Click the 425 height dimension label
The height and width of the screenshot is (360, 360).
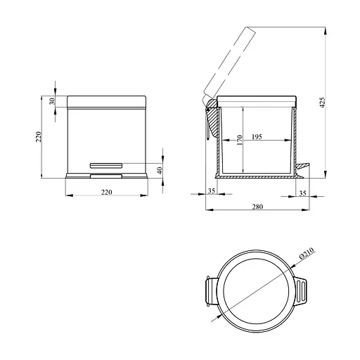[x=323, y=103]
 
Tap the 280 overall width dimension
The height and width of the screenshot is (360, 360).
[x=257, y=207]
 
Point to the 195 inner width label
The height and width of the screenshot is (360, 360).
[x=257, y=136]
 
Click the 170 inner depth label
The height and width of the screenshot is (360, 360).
[x=240, y=140]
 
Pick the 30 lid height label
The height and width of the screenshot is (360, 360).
[x=53, y=101]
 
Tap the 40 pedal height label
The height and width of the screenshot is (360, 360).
[x=160, y=170]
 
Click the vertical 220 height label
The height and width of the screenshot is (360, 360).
[x=39, y=136]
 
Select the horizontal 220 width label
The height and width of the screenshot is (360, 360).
[x=107, y=192]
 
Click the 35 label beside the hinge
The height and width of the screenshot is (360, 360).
[x=212, y=191]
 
